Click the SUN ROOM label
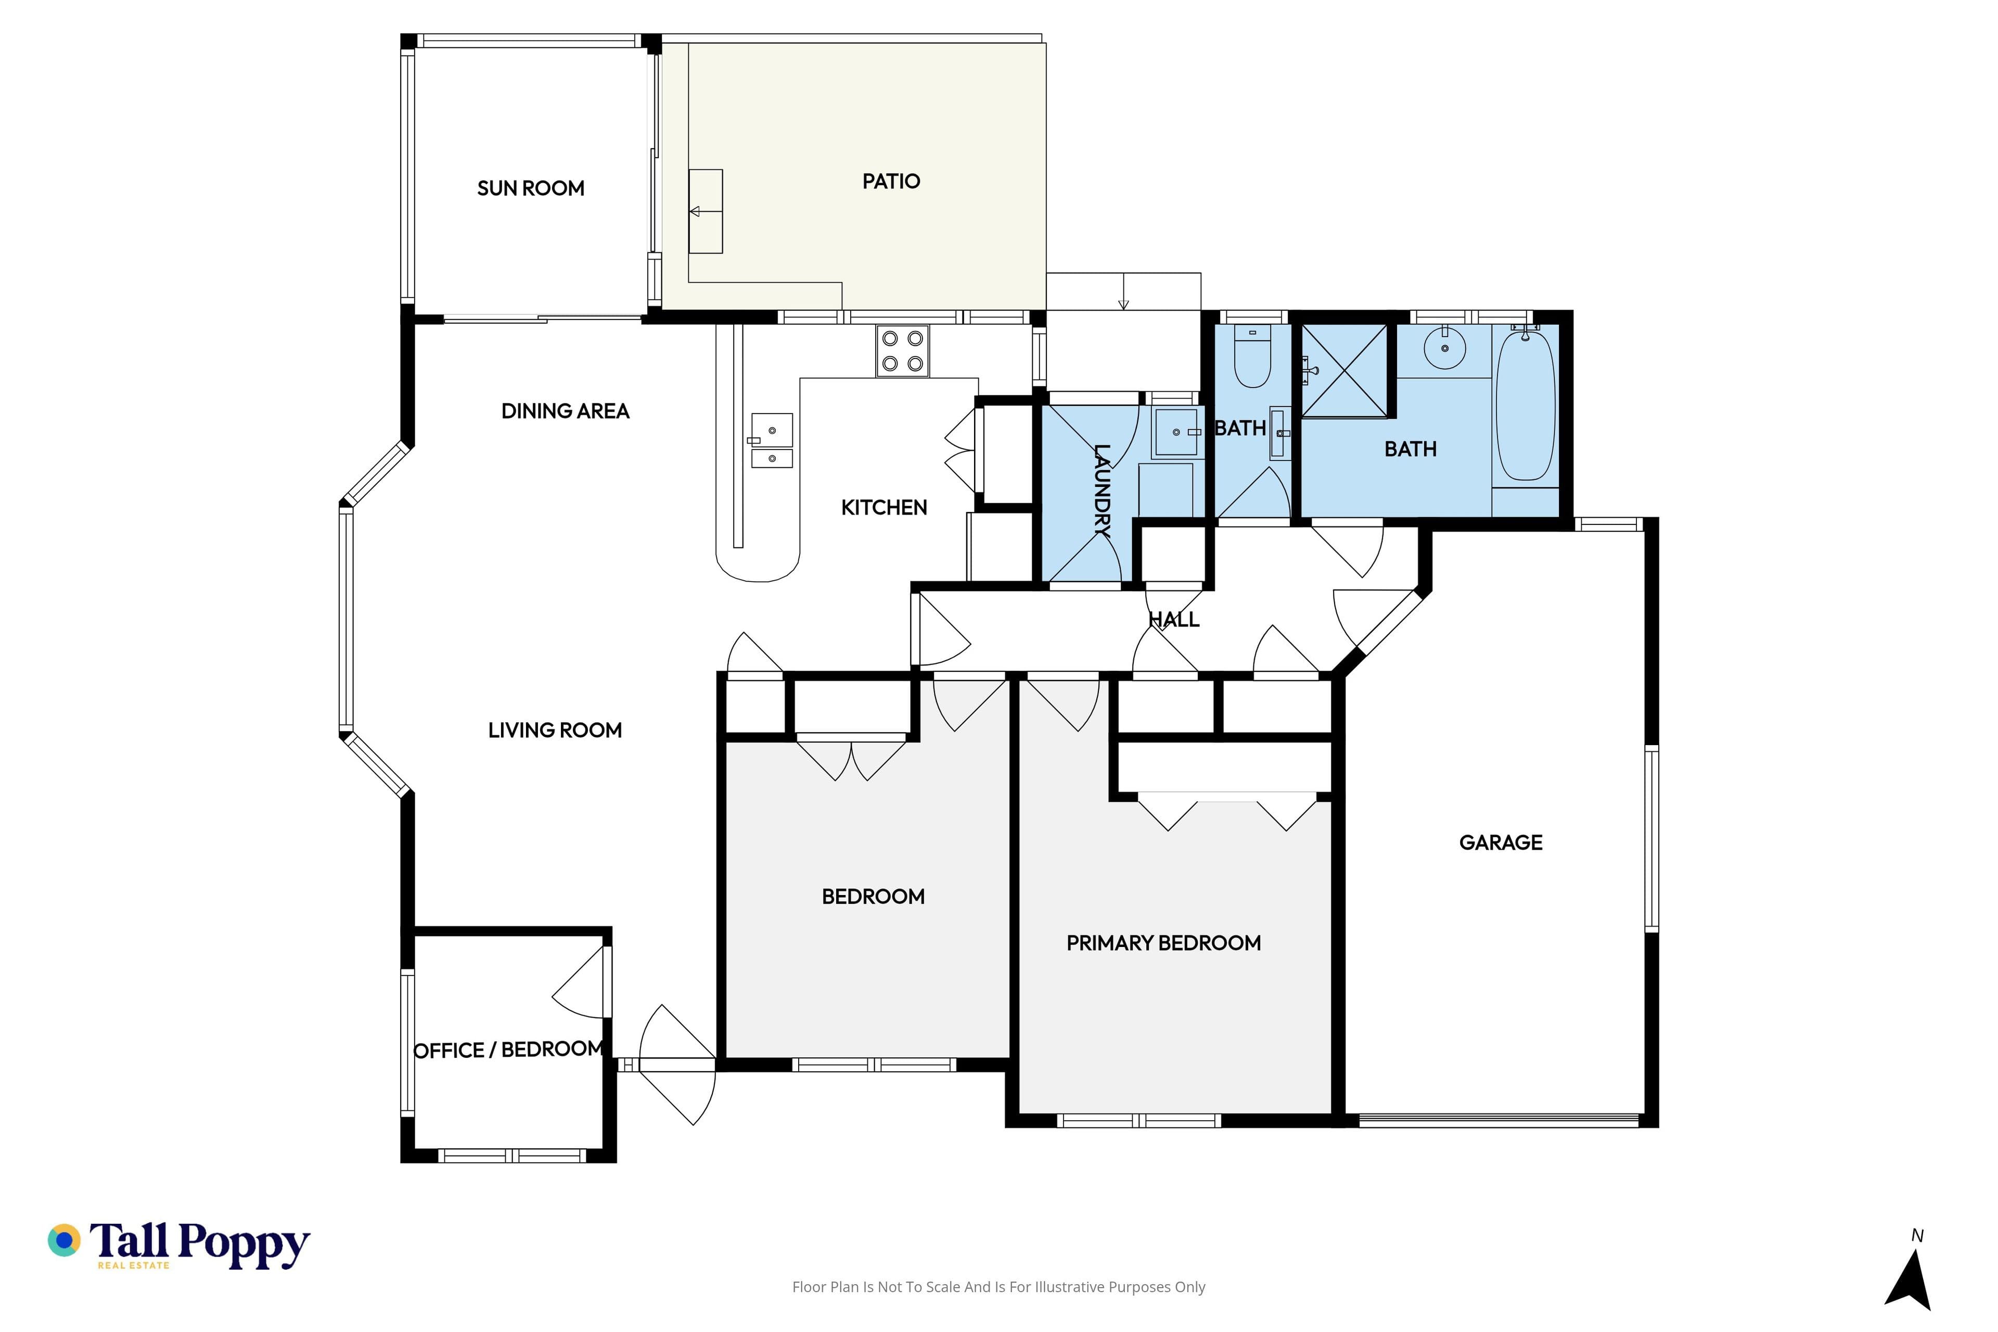point(531,188)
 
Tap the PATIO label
point(891,181)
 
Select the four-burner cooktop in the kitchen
point(902,351)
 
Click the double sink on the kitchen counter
point(772,440)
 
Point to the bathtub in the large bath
point(1526,406)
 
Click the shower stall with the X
point(1344,370)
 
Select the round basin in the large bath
point(1445,348)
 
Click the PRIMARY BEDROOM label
point(1164,942)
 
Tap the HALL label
point(1174,619)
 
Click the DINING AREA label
point(565,411)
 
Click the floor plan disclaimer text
point(999,1287)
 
